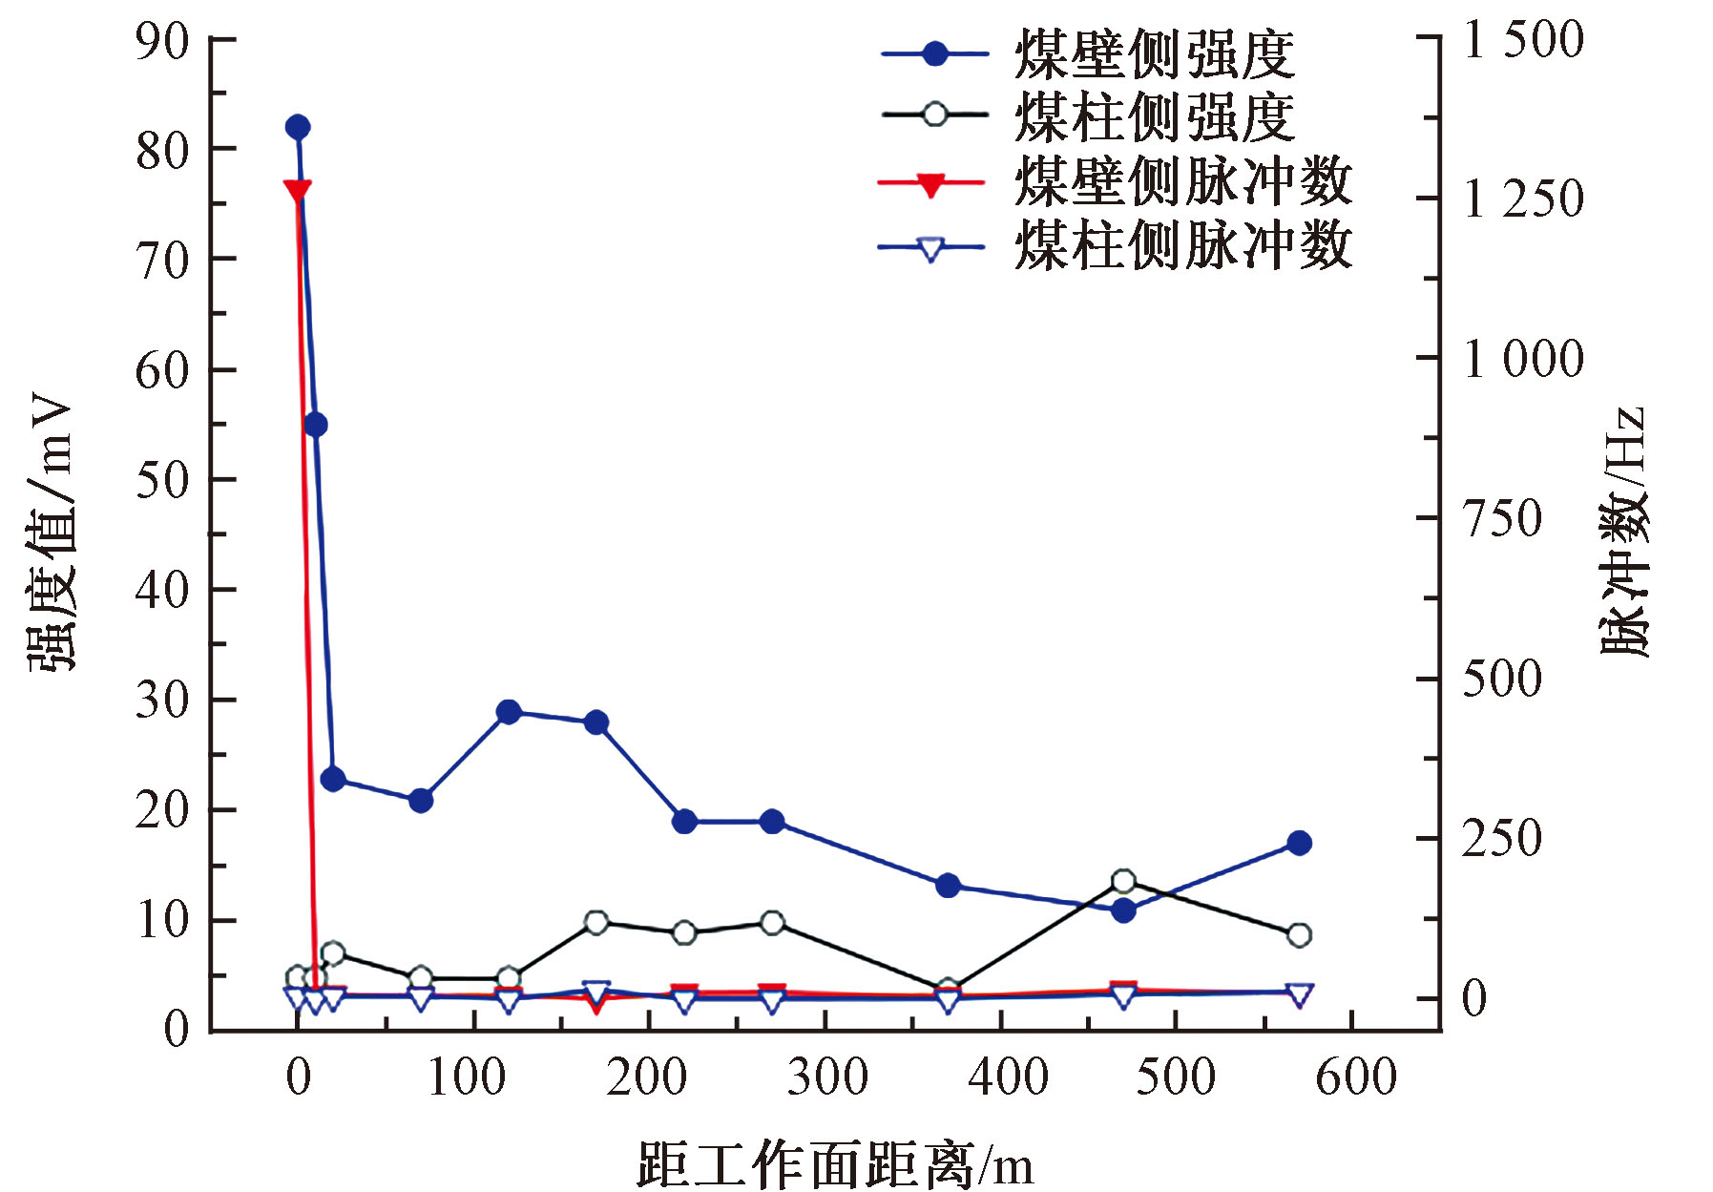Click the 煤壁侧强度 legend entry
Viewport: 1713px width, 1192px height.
click(x=1088, y=54)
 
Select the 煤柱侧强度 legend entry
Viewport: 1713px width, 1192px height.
click(x=1088, y=116)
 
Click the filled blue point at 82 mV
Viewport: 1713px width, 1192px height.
click(x=297, y=127)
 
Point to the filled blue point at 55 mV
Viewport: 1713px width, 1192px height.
click(x=315, y=425)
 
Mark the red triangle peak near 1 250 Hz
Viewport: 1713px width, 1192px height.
click(x=297, y=190)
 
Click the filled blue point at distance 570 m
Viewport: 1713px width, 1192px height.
click(x=1299, y=843)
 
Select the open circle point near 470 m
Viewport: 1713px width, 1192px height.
click(x=1123, y=881)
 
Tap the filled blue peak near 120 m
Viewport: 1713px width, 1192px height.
click(x=509, y=712)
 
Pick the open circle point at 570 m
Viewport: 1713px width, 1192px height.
click(x=1299, y=934)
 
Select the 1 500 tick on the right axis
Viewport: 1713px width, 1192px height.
click(x=1524, y=40)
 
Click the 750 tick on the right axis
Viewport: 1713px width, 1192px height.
click(x=1502, y=519)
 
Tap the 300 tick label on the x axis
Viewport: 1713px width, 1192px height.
click(x=826, y=1077)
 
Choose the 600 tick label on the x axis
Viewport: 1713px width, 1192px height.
click(x=1355, y=1077)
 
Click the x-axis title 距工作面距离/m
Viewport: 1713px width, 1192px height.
click(x=835, y=1163)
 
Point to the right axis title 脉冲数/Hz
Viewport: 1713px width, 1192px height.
click(x=1623, y=533)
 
